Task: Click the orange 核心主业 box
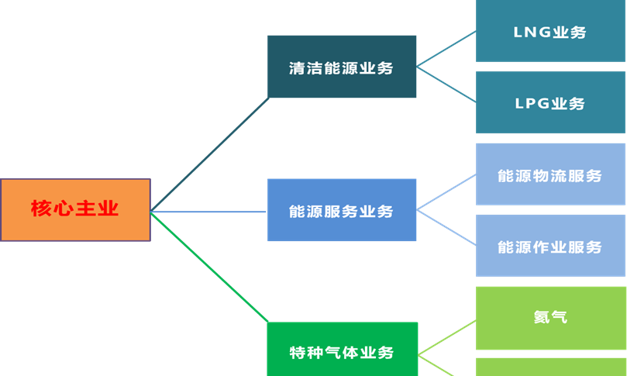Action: coord(75,209)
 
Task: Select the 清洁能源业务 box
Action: coord(342,67)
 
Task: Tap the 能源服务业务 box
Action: coord(342,210)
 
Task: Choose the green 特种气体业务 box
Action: coord(342,350)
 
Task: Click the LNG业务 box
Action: coord(550,32)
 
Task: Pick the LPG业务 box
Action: coord(550,103)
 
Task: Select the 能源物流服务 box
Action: coord(550,174)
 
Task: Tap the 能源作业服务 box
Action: coord(550,246)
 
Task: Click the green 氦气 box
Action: coord(550,317)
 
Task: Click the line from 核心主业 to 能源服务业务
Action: coord(209,211)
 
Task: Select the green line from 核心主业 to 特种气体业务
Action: coord(209,267)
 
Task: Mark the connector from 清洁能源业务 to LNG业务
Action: coord(446,50)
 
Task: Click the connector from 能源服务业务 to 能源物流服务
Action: coord(446,191)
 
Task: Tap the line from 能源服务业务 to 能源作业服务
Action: coord(446,227)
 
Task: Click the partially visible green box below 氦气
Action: coord(550,367)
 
